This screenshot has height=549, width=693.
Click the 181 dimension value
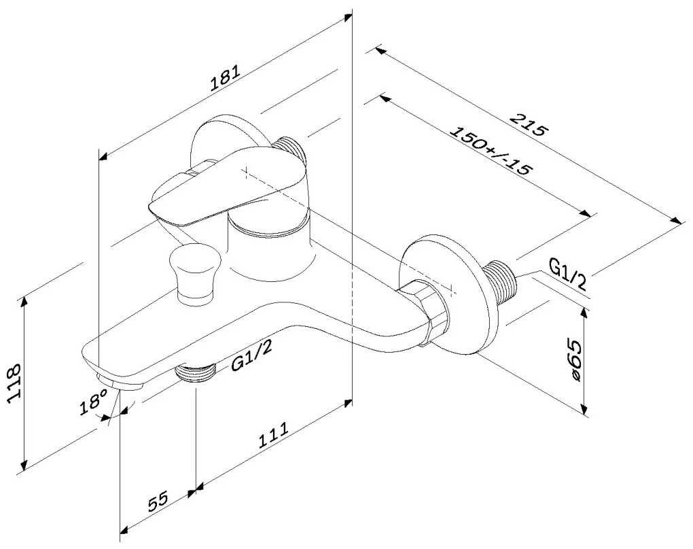click(x=225, y=77)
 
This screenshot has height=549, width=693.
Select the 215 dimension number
click(x=527, y=126)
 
